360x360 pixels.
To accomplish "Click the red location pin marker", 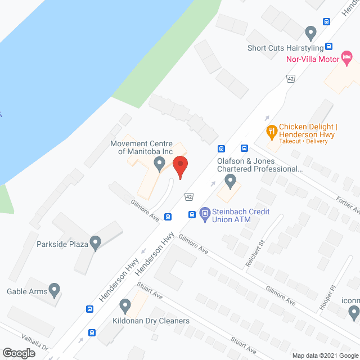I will (x=180, y=166).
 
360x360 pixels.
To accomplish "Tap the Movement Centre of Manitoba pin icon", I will (x=159, y=164).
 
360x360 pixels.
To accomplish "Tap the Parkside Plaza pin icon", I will (x=95, y=244).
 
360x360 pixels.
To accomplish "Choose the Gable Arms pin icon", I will (x=55, y=290).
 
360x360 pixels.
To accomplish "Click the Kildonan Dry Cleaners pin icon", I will (x=125, y=307).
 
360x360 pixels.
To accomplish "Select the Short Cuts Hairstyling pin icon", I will (x=310, y=32).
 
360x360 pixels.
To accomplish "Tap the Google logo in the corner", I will (x=18, y=353).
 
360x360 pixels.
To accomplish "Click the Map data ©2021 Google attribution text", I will (x=325, y=355).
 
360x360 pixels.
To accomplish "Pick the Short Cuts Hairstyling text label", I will (x=285, y=48).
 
